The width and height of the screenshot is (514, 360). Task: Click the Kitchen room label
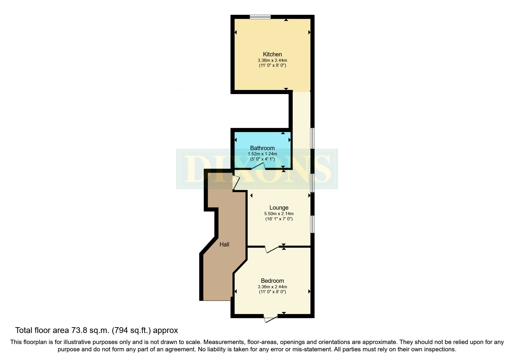pos(272,54)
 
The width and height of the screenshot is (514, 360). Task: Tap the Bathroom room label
pos(262,148)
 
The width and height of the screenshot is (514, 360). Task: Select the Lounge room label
pos(279,208)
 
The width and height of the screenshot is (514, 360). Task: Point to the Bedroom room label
pos(272,281)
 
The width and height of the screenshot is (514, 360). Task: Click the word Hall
pos(224,244)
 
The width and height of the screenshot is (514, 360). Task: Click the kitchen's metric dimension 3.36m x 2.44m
pos(272,60)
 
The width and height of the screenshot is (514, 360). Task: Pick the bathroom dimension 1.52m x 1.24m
pos(262,154)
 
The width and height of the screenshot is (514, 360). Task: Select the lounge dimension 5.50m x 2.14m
pos(279,214)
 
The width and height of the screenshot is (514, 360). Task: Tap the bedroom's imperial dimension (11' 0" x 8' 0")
pos(273,292)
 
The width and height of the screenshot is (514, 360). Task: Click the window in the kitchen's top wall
pos(260,17)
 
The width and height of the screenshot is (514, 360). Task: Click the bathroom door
pos(258,166)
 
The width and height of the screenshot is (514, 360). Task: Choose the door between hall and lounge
pos(236,183)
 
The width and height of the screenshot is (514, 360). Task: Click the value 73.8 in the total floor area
pos(79,330)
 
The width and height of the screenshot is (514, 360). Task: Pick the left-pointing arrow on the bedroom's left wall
pos(236,291)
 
